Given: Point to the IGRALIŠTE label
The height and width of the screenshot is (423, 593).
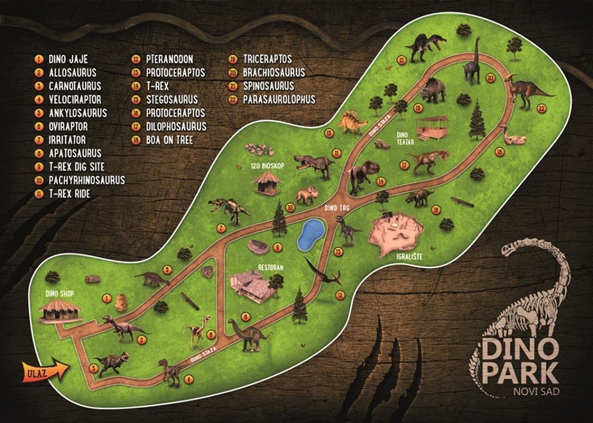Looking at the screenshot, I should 396,264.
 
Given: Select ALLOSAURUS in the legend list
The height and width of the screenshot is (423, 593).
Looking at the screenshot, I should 72,72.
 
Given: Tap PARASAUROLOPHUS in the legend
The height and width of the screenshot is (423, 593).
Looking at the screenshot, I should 279,99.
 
